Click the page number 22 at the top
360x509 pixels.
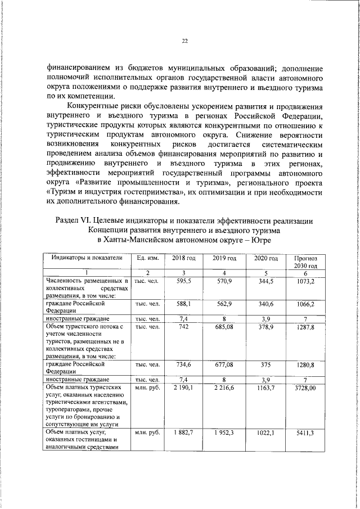click(x=184, y=40)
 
